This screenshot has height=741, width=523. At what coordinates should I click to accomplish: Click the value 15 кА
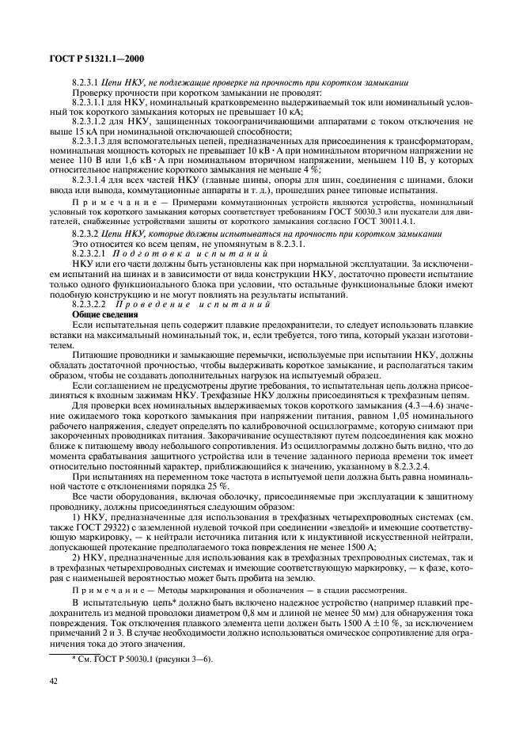click(x=76, y=131)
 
